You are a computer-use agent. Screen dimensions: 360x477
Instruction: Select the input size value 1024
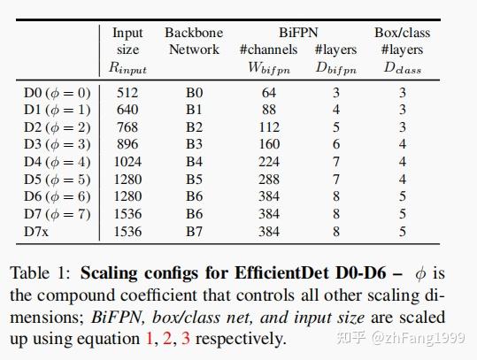point(127,161)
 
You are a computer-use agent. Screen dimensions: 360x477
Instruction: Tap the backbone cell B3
point(194,143)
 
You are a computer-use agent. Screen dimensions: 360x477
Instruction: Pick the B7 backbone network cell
point(194,232)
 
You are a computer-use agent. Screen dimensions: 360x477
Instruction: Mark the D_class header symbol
point(403,68)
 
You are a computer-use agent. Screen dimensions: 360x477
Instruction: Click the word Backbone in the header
point(194,33)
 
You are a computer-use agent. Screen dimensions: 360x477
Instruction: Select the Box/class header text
point(403,33)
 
